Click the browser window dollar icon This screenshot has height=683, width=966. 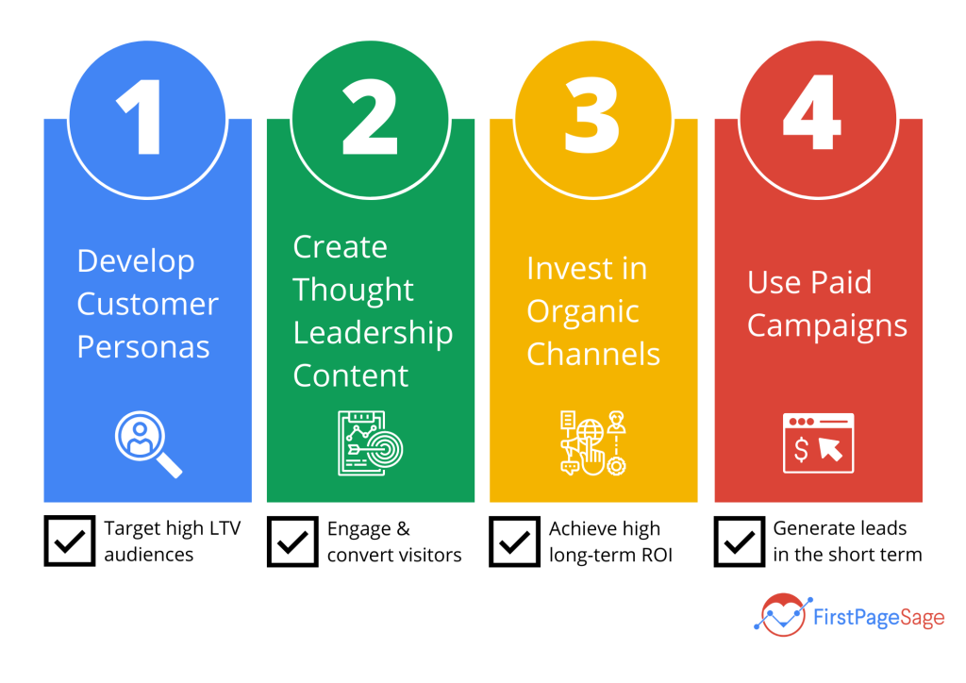click(x=818, y=443)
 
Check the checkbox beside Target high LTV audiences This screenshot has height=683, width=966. click(x=70, y=541)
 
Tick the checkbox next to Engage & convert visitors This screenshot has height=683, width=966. click(x=292, y=541)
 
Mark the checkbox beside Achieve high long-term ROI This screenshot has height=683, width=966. click(x=515, y=541)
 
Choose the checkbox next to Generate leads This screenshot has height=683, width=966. click(x=740, y=541)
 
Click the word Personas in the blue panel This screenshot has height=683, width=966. click(x=142, y=347)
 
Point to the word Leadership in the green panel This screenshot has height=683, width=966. click(x=373, y=333)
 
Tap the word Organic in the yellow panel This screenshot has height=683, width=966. click(x=583, y=312)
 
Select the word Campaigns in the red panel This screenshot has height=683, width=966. click(x=827, y=325)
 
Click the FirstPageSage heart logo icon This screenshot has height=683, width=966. click(x=782, y=615)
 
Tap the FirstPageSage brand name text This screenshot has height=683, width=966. click(x=877, y=618)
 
